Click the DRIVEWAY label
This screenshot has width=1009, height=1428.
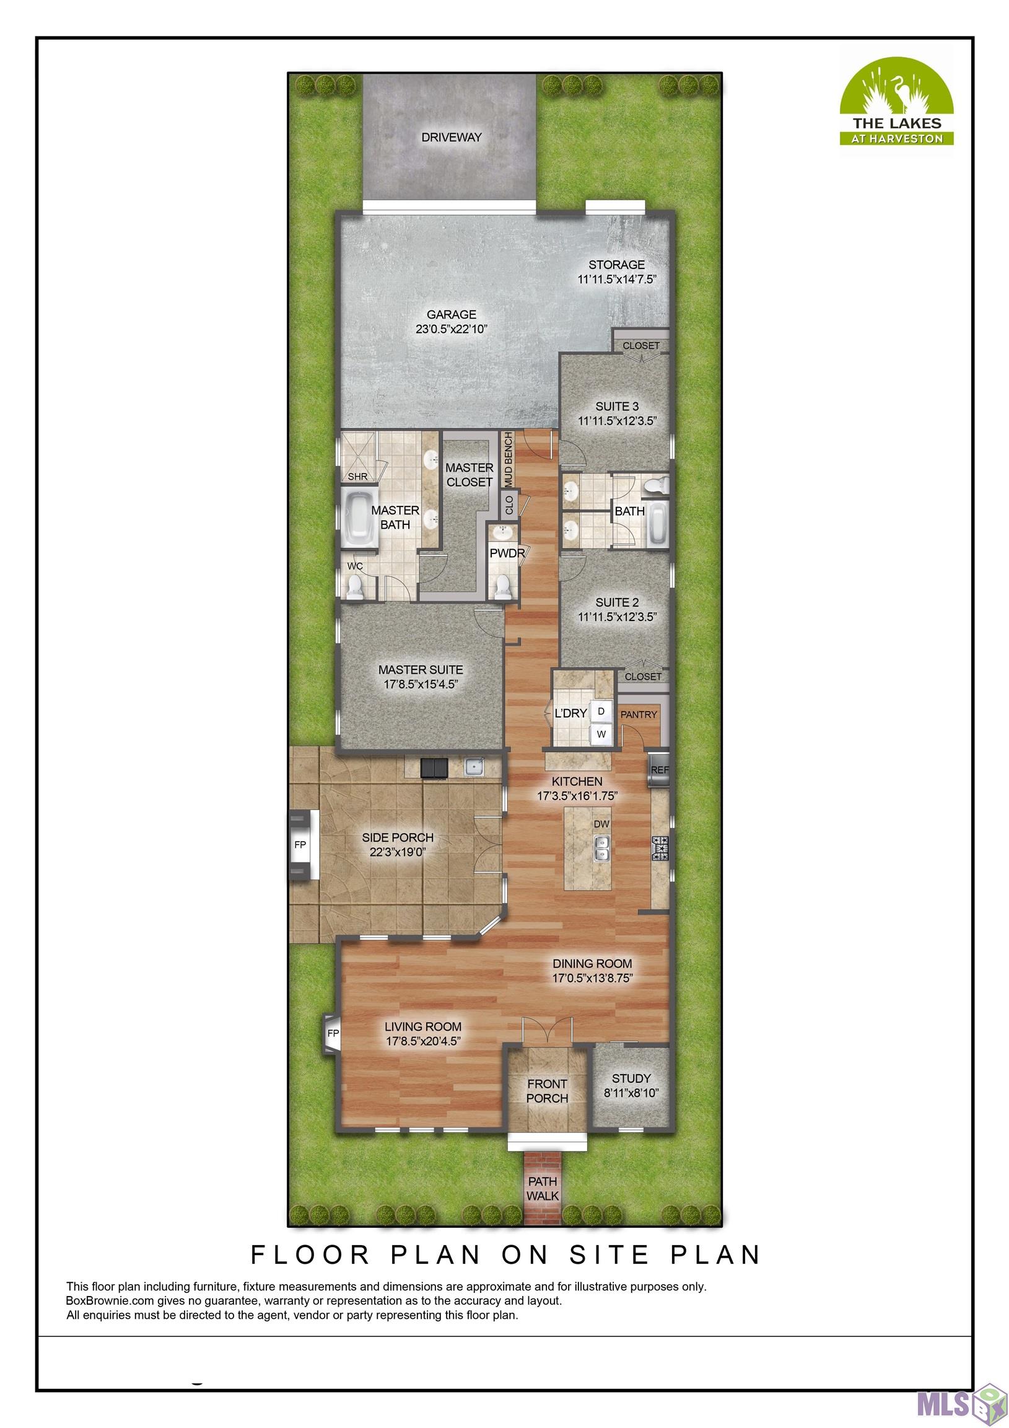click(452, 138)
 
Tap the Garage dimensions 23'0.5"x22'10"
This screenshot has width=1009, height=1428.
click(451, 329)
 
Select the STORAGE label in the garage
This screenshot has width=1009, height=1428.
click(616, 265)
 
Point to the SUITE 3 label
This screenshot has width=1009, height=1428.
click(617, 406)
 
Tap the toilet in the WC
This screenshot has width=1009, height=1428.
click(354, 586)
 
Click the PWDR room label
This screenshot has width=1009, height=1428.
click(506, 553)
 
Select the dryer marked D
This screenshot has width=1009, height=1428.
click(601, 711)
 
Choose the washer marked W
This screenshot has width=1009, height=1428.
click(601, 734)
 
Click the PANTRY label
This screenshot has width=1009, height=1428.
click(639, 715)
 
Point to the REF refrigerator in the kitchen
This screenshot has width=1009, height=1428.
click(658, 770)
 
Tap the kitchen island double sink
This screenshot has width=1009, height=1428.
click(601, 848)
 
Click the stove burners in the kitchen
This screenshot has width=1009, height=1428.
click(659, 848)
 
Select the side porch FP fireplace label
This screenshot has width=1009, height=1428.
click(300, 845)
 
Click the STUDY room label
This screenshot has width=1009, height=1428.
click(631, 1078)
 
